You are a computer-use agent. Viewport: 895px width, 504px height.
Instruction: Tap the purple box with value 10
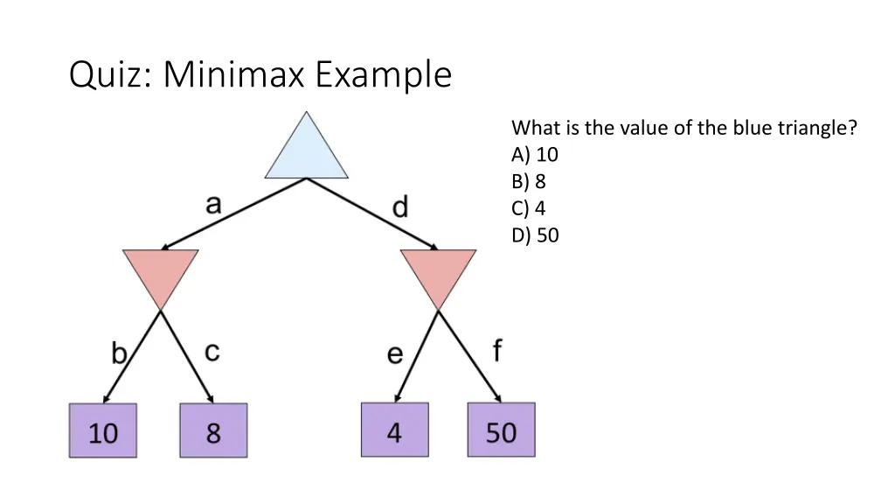click(103, 430)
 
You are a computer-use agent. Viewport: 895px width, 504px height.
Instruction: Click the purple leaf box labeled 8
click(213, 430)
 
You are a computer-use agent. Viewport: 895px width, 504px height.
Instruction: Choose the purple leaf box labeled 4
click(395, 430)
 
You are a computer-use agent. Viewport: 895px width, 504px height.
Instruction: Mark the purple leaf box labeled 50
click(501, 430)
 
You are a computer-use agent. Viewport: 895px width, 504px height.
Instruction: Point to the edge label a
click(213, 205)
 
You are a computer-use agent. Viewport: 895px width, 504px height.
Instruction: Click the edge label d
click(399, 207)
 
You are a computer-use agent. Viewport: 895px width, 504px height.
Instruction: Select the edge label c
click(212, 352)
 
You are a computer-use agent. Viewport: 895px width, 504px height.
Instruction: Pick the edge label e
click(395, 354)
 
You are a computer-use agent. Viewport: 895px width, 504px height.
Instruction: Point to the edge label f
click(496, 351)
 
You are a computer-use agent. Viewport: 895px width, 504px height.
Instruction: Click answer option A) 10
click(535, 155)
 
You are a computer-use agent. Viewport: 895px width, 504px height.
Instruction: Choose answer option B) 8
click(530, 182)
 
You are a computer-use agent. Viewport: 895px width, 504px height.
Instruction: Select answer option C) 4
click(530, 208)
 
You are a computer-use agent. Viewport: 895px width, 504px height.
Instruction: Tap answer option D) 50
click(535, 234)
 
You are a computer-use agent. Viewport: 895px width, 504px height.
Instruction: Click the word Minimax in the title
click(233, 75)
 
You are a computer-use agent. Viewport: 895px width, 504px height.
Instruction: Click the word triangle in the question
click(814, 128)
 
